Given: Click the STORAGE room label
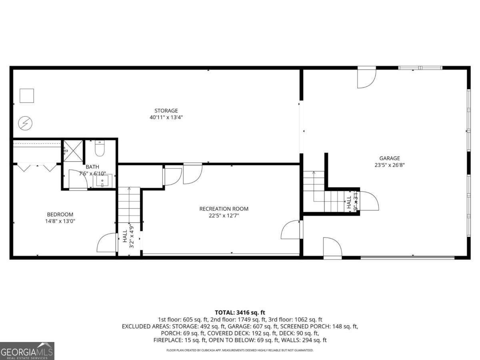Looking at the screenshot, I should tap(166, 110).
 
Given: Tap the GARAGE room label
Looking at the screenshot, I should tap(389, 158).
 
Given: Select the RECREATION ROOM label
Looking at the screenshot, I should tap(224, 208).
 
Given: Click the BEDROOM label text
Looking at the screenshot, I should tap(60, 214).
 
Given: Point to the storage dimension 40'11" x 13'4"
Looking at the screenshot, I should tap(166, 117).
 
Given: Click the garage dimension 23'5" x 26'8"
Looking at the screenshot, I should tap(389, 164).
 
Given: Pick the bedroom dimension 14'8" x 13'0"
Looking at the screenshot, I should tap(60, 221).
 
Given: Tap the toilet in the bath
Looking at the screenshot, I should tap(100, 149).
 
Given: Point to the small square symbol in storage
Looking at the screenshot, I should tap(27, 96).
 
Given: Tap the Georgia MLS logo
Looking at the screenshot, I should tap(27, 351).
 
